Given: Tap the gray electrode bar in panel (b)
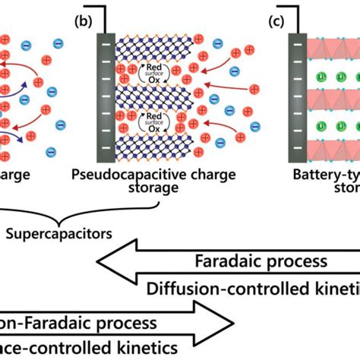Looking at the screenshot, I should [101, 94].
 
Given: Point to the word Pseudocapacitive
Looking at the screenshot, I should [122, 176].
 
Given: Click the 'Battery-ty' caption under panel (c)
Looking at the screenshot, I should [327, 176].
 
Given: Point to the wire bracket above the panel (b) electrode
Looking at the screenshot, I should [96, 17].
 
